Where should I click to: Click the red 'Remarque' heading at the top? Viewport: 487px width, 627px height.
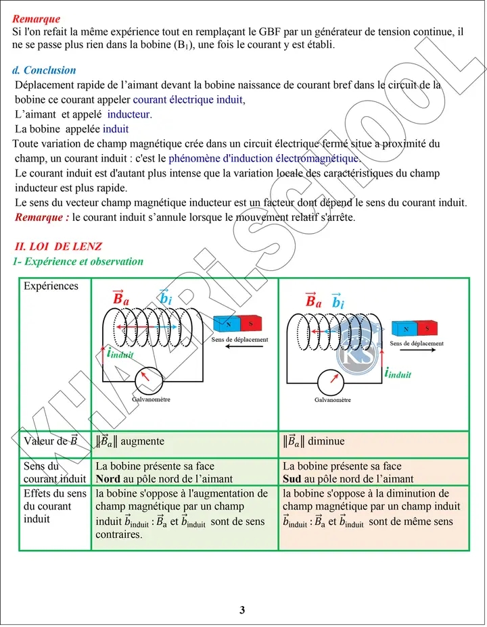(x=37, y=20)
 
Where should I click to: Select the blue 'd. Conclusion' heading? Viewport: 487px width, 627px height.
(x=45, y=70)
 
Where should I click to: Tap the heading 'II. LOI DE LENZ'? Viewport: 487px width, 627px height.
(x=58, y=247)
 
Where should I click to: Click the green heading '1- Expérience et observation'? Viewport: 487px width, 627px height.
(x=78, y=261)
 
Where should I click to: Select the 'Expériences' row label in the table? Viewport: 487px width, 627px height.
(x=51, y=286)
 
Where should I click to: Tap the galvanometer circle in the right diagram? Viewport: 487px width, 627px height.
(x=333, y=380)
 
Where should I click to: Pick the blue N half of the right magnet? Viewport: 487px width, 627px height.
(x=406, y=328)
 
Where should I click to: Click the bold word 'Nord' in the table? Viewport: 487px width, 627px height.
(x=109, y=478)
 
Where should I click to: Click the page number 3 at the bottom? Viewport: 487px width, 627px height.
(x=242, y=610)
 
